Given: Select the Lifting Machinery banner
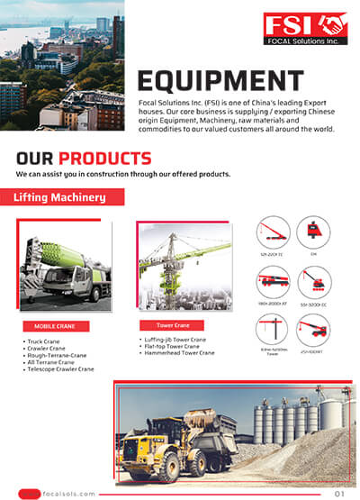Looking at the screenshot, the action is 59,196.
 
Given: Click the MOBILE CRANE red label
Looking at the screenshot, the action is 57,326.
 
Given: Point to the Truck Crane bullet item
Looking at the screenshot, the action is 48,341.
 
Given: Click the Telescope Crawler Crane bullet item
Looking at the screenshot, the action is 63,368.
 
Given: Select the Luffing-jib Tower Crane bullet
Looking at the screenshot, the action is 175,340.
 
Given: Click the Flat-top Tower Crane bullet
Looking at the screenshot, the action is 171,346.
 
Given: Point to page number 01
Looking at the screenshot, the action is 339,493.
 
